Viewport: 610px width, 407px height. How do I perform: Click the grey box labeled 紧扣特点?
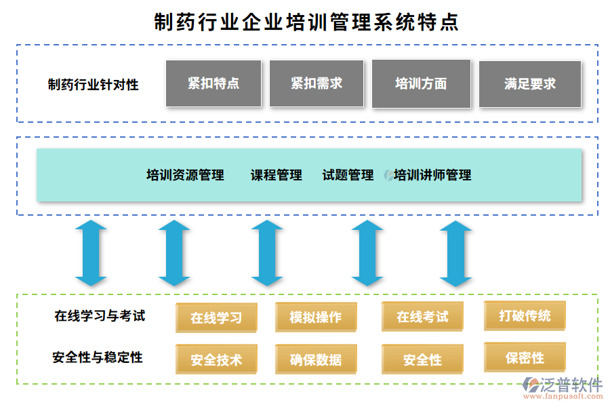pyautogui.click(x=213, y=83)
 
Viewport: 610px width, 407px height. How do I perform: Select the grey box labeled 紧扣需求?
pyautogui.click(x=317, y=83)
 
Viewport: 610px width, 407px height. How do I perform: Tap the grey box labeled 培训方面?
pyautogui.click(x=421, y=83)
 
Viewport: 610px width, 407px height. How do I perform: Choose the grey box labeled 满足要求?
pyautogui.click(x=530, y=84)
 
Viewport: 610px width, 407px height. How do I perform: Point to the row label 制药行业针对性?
pyautogui.click(x=93, y=85)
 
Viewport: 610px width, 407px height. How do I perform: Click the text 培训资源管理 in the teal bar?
pyautogui.click(x=185, y=175)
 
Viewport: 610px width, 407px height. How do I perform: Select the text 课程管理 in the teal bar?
pyautogui.click(x=277, y=175)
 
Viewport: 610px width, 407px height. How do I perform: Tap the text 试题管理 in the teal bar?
pyautogui.click(x=348, y=175)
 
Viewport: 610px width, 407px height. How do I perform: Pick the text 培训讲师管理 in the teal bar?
pyautogui.click(x=432, y=175)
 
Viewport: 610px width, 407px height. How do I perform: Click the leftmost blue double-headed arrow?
pyautogui.click(x=91, y=252)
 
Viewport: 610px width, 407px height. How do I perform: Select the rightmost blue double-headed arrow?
pyautogui.click(x=455, y=252)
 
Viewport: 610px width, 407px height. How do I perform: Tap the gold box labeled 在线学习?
pyautogui.click(x=216, y=317)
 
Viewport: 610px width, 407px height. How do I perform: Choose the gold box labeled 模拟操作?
pyautogui.click(x=316, y=317)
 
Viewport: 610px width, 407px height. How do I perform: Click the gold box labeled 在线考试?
pyautogui.click(x=422, y=317)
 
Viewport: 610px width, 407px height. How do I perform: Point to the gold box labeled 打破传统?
pyautogui.click(x=525, y=315)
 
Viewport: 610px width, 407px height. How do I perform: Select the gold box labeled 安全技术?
pyautogui.click(x=216, y=360)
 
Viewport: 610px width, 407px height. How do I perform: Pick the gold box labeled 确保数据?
pyautogui.click(x=316, y=360)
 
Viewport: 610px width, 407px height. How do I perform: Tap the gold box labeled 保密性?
pyautogui.click(x=525, y=357)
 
